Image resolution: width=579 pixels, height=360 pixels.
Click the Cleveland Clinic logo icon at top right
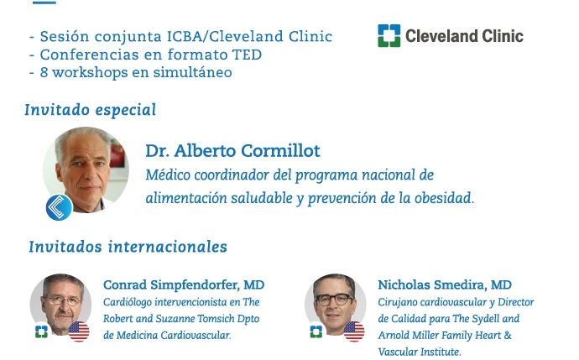point(389,36)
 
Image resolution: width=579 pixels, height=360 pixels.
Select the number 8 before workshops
point(44,72)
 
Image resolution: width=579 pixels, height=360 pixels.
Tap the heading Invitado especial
point(91,110)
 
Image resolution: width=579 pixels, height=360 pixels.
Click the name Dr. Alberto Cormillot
point(232,151)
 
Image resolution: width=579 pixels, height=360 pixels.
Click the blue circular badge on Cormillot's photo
point(59,207)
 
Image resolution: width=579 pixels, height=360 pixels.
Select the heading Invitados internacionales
point(128,247)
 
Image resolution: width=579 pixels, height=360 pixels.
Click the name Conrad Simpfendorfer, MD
point(184,284)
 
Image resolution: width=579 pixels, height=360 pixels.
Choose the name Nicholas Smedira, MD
point(445,284)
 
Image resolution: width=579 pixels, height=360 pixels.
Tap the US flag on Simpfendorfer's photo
point(79,331)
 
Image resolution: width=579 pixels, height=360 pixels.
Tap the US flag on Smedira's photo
point(354,331)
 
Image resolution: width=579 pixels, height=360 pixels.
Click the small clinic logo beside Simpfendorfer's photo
point(41,331)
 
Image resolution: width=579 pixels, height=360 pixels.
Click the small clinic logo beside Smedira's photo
point(316,331)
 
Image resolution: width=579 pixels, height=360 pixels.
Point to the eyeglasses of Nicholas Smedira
point(334,299)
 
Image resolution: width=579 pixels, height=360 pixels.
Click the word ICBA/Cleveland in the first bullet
point(225,37)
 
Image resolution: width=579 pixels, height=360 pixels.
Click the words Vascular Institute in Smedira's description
point(420,352)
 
